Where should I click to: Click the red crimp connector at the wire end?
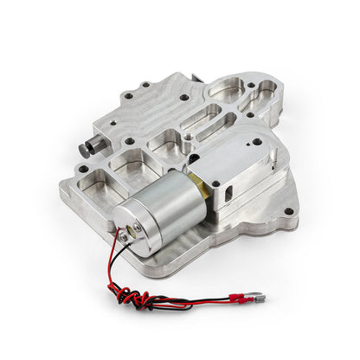point(235,299)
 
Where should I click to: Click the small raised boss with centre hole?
point(187,137)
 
